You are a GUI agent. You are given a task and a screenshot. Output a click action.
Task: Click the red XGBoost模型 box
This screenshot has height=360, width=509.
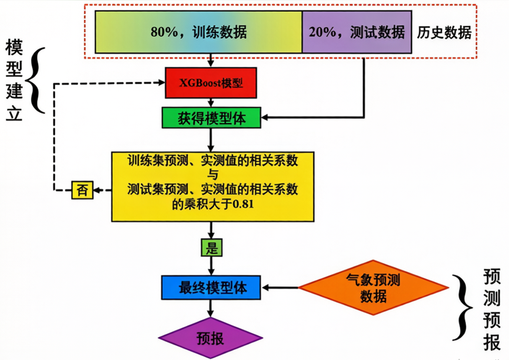click(211, 83)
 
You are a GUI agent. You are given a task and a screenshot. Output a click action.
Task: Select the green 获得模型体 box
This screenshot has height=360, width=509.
click(211, 118)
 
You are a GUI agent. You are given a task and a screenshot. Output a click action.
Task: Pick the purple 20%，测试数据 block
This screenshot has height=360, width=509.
click(357, 32)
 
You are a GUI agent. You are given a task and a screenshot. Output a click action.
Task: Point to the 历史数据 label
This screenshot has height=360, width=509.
click(444, 32)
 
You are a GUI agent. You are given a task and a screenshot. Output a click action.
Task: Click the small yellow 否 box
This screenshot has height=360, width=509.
click(82, 190)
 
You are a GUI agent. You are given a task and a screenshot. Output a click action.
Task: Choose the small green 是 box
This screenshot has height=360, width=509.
click(211, 248)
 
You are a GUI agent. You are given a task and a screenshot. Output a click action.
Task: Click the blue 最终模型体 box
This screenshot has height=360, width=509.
click(211, 288)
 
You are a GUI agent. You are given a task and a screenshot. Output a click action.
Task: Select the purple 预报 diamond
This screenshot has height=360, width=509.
click(210, 338)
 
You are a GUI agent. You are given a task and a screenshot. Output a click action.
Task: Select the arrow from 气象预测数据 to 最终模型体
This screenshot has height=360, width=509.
click(281, 288)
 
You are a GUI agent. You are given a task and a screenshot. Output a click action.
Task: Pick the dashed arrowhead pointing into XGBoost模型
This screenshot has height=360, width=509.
click(160, 83)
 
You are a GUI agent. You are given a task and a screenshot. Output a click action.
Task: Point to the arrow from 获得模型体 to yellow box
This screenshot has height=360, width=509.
click(211, 139)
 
